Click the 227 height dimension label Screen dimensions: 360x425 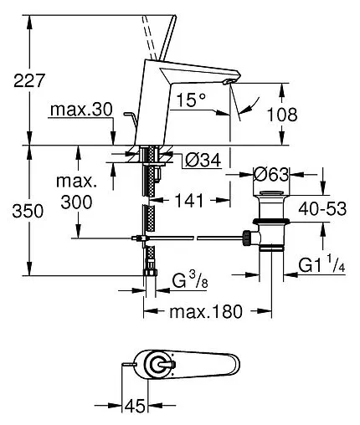(x=29, y=81)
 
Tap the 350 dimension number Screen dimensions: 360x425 (x=28, y=211)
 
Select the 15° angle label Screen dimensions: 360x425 (x=191, y=100)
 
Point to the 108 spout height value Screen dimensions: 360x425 (x=282, y=115)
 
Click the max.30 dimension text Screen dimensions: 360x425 (x=81, y=110)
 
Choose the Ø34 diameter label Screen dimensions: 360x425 (x=203, y=160)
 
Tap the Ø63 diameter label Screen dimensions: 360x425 (x=270, y=175)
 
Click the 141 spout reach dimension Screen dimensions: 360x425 (x=189, y=200)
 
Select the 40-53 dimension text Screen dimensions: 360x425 (x=322, y=208)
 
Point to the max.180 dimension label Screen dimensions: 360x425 (x=206, y=311)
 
